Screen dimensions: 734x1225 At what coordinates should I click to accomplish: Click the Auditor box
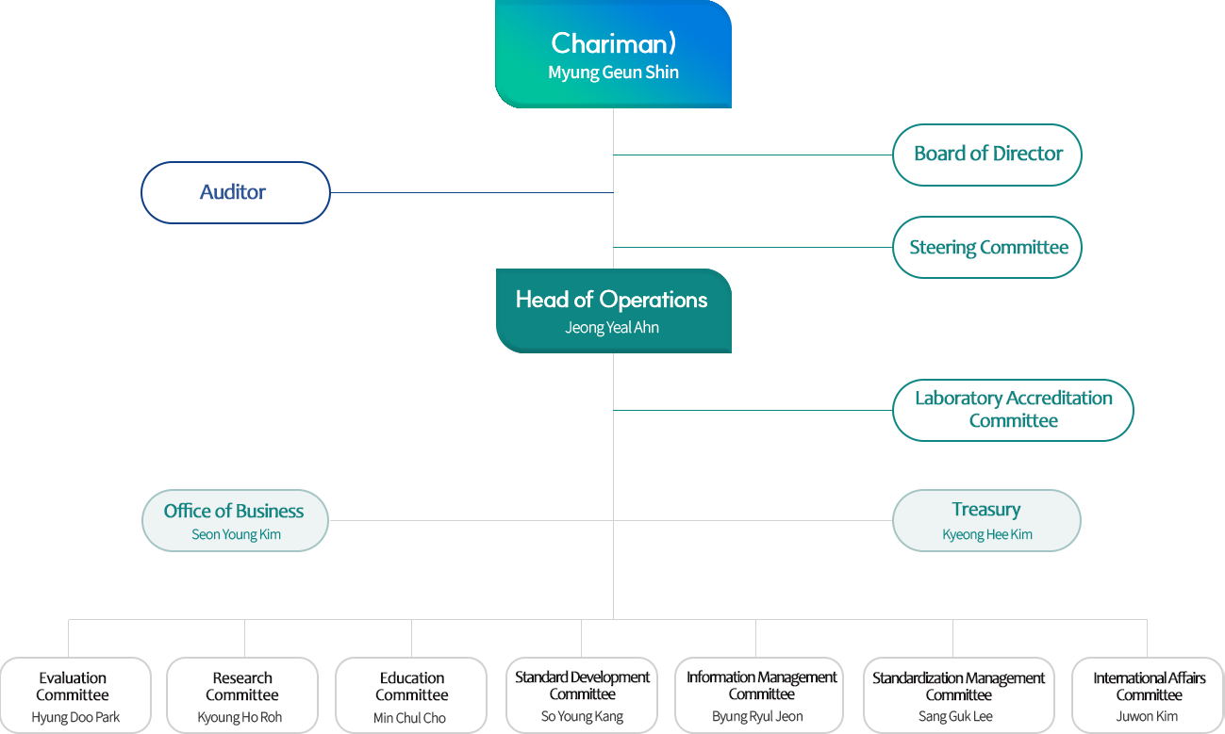235,192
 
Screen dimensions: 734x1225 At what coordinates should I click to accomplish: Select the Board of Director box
986,155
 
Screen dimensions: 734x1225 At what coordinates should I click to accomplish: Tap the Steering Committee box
986,248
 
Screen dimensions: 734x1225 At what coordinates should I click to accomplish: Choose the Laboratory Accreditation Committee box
1013,410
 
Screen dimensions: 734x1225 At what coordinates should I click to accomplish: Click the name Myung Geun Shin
613,73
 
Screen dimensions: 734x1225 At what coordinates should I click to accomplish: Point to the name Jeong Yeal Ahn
612,328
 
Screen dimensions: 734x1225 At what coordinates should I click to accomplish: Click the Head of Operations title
611,300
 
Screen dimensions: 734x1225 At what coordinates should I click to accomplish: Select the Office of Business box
235,519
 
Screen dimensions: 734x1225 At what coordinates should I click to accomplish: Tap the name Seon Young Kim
236,534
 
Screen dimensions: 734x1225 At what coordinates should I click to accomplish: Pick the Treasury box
986,519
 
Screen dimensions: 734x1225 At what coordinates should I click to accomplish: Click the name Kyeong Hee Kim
986,534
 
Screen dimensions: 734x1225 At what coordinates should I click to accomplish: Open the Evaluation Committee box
75,695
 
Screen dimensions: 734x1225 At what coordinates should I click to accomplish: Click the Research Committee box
242,695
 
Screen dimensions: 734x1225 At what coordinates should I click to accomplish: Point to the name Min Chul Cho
409,718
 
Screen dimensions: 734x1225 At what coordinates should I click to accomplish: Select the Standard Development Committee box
582,695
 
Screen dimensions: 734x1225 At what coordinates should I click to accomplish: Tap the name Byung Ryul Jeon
757,717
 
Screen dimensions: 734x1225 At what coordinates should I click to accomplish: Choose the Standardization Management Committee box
958,695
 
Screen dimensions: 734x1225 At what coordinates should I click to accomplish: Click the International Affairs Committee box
1149,695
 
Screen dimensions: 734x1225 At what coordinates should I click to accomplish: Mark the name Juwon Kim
1147,717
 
